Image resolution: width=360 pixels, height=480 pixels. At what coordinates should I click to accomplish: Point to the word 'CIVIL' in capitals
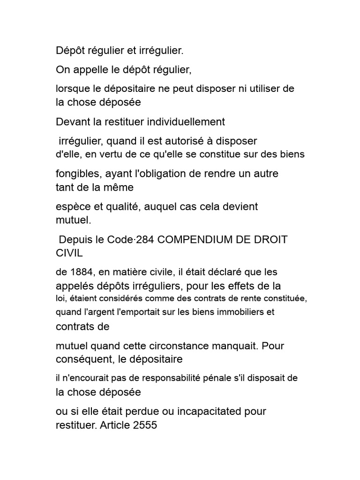click(x=69, y=253)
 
